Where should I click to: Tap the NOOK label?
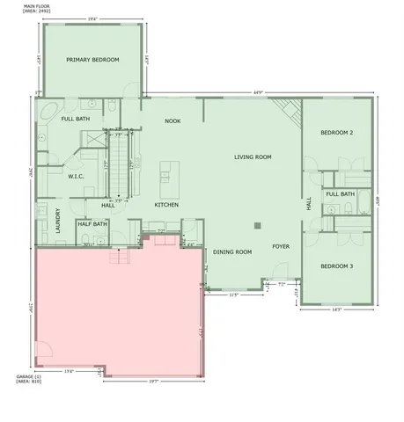pyautogui.click(x=173, y=121)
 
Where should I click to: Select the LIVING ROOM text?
pyautogui.click(x=252, y=157)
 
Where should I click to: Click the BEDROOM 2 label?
pyautogui.click(x=336, y=133)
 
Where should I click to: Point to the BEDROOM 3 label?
pyautogui.click(x=336, y=266)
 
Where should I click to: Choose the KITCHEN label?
pyautogui.click(x=167, y=205)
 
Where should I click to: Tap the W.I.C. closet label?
pyautogui.click(x=76, y=177)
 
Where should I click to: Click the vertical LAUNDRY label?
pyautogui.click(x=58, y=217)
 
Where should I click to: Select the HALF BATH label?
pyautogui.click(x=92, y=224)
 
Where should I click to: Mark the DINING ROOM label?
pyautogui.click(x=232, y=252)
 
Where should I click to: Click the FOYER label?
pyautogui.click(x=281, y=246)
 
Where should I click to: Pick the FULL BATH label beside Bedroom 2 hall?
pyautogui.click(x=340, y=194)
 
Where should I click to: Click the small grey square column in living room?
pyautogui.click(x=256, y=226)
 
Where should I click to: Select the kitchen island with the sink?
pyautogui.click(x=165, y=171)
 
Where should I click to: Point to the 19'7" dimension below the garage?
pyautogui.click(x=153, y=382)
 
